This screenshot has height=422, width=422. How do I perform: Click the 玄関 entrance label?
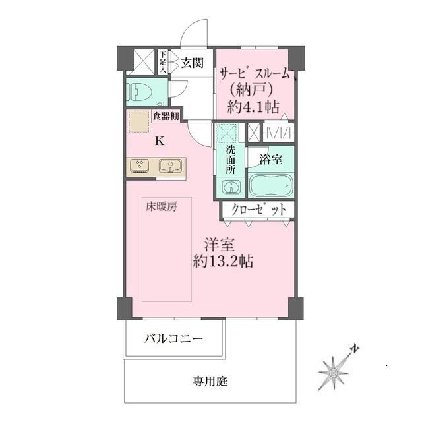pos(193,63)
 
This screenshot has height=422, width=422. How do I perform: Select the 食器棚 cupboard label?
pos(165,117)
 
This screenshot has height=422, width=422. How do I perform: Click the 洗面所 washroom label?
pos(230,159)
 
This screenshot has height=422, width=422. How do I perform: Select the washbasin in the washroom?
pos(230,188)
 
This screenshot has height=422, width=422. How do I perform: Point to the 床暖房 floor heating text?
pos(162,207)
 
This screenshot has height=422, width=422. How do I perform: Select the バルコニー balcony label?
pos(173,340)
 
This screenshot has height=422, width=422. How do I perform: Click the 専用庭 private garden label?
pos(210,380)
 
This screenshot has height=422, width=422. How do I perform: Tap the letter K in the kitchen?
pos(160,140)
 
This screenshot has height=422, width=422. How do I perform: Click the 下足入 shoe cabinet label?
pos(163,61)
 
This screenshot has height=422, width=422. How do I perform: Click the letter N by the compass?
pos(355,348)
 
